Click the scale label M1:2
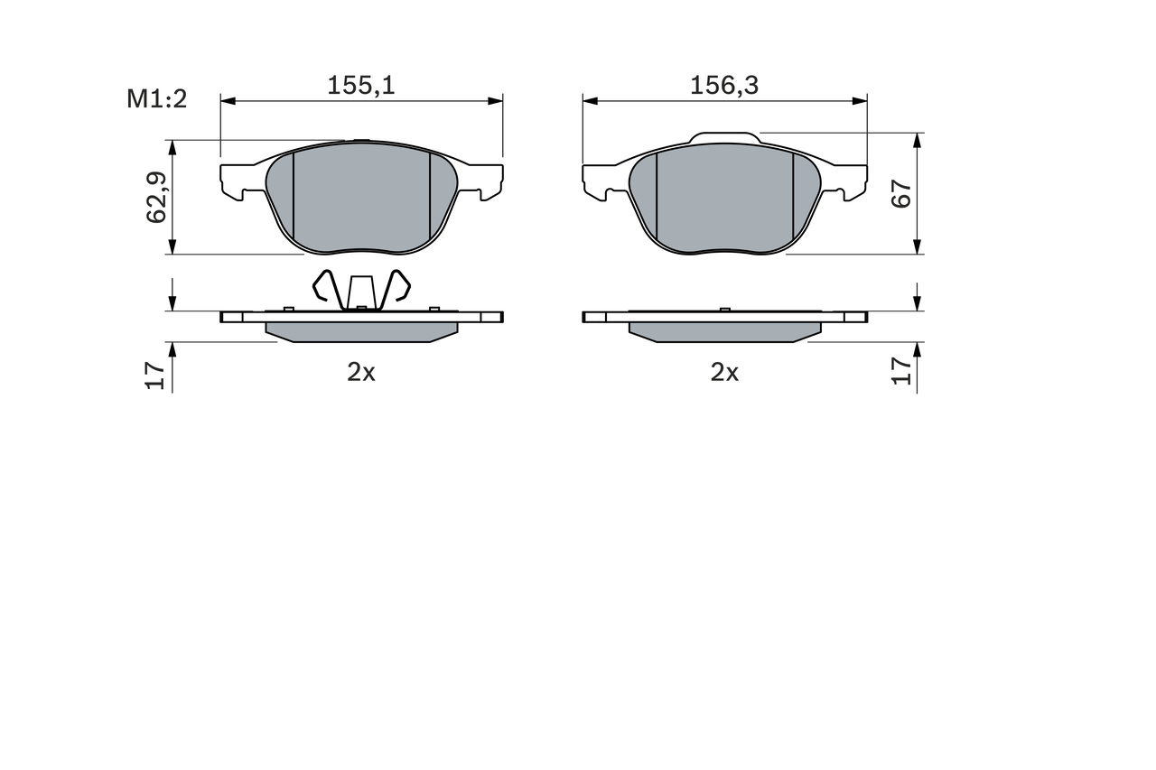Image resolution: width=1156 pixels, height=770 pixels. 156,99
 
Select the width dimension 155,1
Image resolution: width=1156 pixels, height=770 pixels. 361,86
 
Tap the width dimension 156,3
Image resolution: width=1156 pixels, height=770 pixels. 723,86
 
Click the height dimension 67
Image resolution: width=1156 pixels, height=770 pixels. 900,194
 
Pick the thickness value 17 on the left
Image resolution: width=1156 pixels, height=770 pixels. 157,375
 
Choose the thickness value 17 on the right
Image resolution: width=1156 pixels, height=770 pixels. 900,371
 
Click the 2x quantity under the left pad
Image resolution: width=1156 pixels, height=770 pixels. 361,372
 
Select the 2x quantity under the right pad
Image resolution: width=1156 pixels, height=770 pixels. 724,372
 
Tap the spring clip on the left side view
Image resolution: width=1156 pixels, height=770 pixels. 361,289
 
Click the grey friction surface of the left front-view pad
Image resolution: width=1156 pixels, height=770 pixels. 361,199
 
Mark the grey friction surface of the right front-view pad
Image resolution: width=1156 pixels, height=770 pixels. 724,199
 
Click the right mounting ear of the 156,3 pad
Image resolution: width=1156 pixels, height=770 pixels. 851,181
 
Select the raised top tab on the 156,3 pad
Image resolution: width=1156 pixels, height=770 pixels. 724,137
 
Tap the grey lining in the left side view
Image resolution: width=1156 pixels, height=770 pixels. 361,331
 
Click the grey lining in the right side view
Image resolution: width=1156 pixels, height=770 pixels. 724,331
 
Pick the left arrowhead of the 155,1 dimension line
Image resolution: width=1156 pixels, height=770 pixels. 227,100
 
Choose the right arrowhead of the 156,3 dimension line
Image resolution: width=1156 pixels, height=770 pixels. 861,100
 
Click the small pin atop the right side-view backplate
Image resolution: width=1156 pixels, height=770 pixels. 724,310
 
